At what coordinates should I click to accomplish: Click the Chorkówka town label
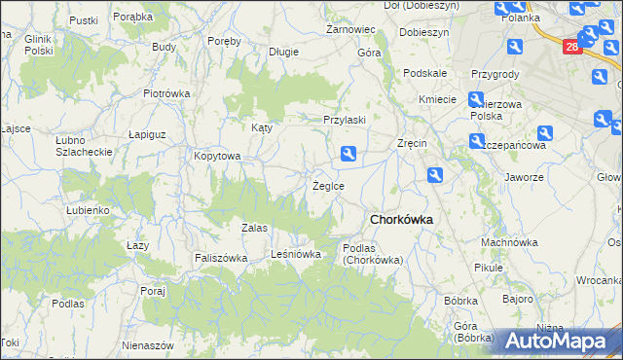point(400,220)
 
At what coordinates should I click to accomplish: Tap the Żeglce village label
point(327,185)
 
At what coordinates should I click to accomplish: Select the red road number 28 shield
point(572,46)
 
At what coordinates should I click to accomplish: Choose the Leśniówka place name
point(296,254)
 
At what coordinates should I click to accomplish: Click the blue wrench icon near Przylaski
point(348,153)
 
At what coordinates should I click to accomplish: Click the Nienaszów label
point(148,345)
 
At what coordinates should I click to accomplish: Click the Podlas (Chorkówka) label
point(373,254)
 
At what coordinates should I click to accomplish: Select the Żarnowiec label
point(345,30)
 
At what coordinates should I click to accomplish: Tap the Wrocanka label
point(598,279)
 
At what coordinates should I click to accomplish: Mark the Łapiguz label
point(150,135)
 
